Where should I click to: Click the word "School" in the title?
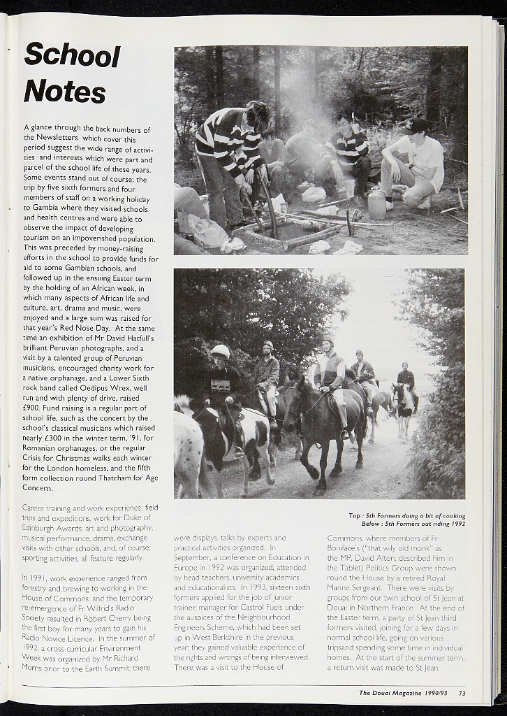pyautogui.click(x=72, y=55)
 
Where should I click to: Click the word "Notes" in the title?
pyautogui.click(x=64, y=92)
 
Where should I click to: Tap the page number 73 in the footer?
pyautogui.click(x=462, y=693)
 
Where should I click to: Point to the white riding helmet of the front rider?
pyautogui.click(x=220, y=351)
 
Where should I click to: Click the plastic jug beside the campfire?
pyautogui.click(x=377, y=204)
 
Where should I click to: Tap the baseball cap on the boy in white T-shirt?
pyautogui.click(x=417, y=126)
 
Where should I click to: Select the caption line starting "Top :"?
pyautogui.click(x=406, y=516)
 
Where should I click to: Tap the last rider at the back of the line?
pyautogui.click(x=405, y=378)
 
